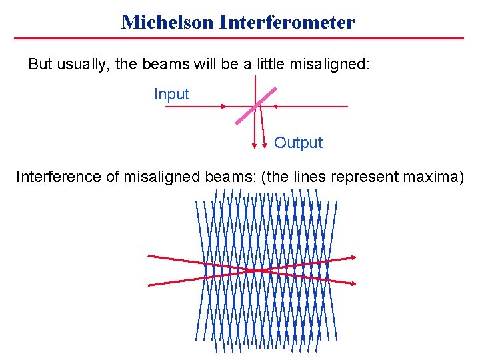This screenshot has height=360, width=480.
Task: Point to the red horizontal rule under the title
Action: coord(239,38)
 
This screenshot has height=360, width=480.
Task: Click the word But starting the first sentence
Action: coord(40,65)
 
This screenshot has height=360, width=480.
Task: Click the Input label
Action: coord(171,94)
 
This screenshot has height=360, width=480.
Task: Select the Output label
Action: coord(298,143)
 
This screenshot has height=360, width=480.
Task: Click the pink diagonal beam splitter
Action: coord(255,105)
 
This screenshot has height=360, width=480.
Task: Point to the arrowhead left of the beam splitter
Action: coord(224,107)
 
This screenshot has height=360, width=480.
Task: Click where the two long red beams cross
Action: coord(252,270)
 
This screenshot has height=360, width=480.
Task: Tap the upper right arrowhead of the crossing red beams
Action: coord(353,257)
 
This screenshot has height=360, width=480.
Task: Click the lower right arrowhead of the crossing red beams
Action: coord(353,283)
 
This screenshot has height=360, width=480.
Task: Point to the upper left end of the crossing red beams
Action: coord(149,256)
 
